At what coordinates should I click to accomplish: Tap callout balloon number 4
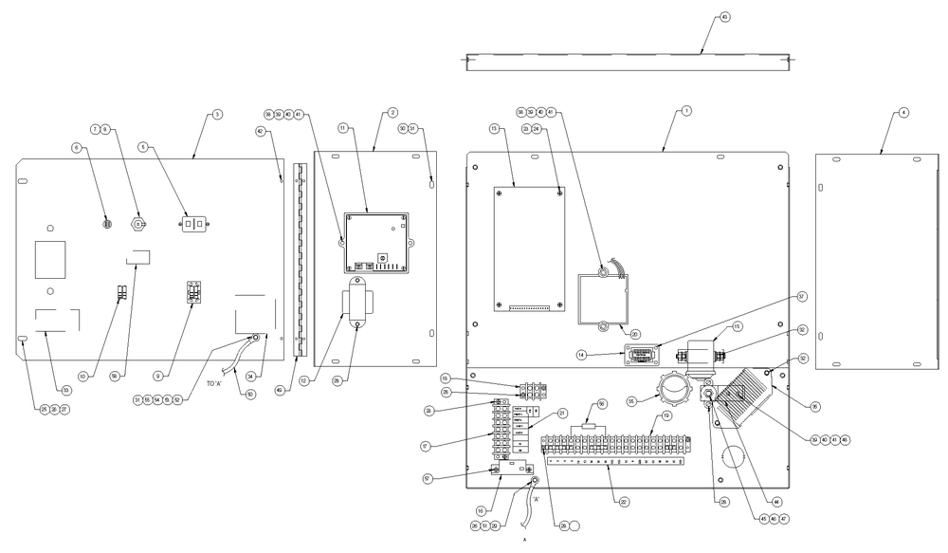tap(902, 113)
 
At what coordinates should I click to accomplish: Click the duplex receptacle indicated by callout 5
tap(193, 225)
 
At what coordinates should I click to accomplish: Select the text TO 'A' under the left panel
tap(215, 382)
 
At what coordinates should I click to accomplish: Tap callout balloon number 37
tap(801, 297)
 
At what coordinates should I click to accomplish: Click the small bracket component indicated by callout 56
tap(592, 429)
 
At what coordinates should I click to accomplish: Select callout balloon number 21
tap(561, 414)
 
